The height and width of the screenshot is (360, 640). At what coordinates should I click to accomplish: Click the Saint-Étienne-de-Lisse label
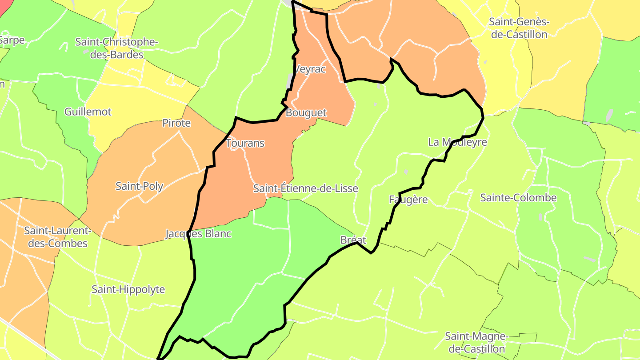point(305,188)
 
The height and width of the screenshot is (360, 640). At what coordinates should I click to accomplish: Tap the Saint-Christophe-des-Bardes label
point(116,48)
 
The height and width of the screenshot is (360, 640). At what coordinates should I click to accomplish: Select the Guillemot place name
point(88,112)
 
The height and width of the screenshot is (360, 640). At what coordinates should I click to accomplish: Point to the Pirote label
point(176,123)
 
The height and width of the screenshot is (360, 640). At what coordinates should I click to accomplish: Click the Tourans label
point(245,143)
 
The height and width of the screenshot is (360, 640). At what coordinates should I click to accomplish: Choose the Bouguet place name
point(306,113)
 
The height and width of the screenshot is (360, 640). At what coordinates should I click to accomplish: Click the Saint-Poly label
point(139,186)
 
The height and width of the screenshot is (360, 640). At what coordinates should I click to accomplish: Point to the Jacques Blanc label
point(198,234)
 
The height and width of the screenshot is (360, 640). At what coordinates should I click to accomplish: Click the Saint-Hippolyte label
point(128,289)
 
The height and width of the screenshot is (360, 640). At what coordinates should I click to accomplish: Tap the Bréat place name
point(353,240)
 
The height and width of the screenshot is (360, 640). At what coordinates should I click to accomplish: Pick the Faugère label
point(408,200)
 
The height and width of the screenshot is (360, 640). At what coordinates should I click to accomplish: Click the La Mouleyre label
point(457,142)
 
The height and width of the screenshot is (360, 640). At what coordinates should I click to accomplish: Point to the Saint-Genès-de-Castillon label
point(519,28)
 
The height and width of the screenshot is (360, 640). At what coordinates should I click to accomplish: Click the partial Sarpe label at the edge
point(12,40)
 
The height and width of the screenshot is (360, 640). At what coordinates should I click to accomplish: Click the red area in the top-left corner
point(4,7)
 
